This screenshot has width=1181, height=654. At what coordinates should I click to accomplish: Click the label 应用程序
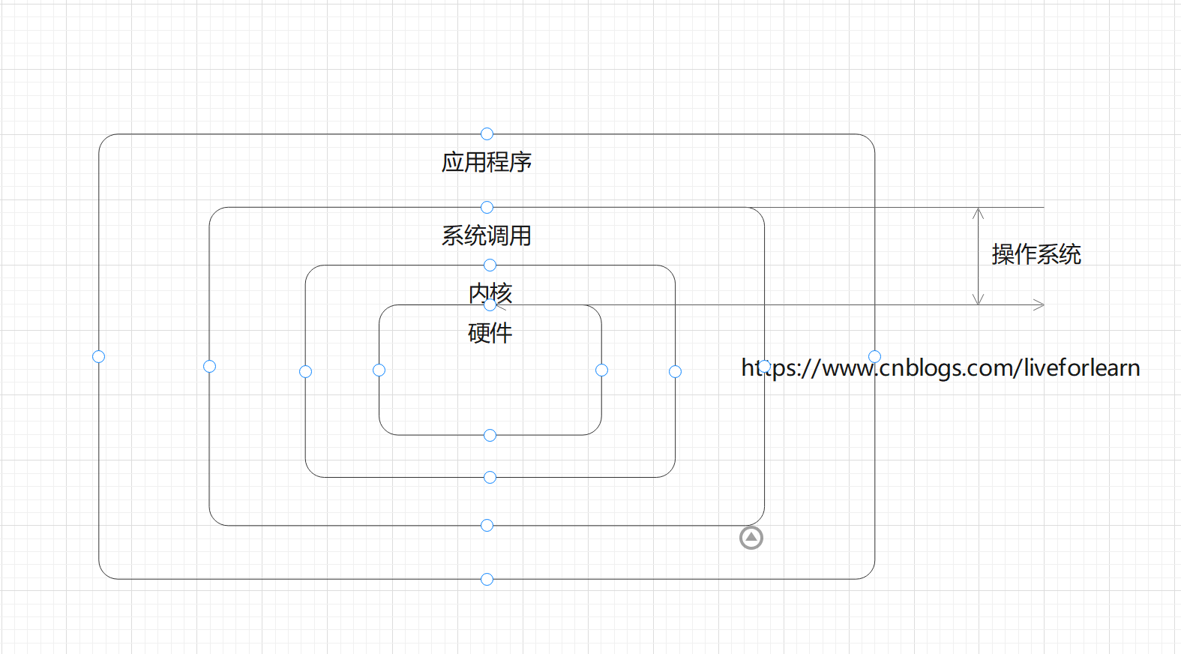click(x=487, y=162)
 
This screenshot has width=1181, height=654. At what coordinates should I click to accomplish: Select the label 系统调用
click(x=487, y=235)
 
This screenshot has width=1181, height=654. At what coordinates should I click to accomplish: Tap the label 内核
click(x=490, y=292)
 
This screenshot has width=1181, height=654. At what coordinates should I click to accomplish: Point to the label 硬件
click(x=490, y=332)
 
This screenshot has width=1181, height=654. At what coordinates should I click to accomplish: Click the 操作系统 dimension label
click(x=1036, y=254)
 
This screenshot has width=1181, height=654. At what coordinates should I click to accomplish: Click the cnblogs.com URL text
click(x=940, y=367)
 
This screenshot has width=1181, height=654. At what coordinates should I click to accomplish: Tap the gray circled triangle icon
click(x=751, y=538)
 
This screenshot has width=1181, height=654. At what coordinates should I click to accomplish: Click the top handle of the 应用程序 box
click(x=487, y=133)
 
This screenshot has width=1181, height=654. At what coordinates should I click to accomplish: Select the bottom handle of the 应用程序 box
click(x=487, y=579)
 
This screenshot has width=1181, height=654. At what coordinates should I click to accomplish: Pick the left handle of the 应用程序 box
click(x=98, y=356)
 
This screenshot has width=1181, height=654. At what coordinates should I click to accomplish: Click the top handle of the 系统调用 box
click(x=487, y=207)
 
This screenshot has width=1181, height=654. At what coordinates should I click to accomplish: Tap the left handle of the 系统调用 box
click(x=209, y=366)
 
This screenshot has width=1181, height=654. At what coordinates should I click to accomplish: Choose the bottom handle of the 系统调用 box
click(x=487, y=525)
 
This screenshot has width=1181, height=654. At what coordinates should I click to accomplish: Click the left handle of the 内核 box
click(x=305, y=371)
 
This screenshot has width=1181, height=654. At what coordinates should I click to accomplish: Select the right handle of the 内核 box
click(x=675, y=371)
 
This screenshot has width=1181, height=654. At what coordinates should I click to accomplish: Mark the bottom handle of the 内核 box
click(x=490, y=477)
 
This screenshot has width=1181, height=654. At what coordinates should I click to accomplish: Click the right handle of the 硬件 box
click(x=601, y=370)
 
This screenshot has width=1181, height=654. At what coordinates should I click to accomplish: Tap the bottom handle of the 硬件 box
click(x=490, y=435)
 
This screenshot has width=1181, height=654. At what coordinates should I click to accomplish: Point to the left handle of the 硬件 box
click(x=379, y=370)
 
